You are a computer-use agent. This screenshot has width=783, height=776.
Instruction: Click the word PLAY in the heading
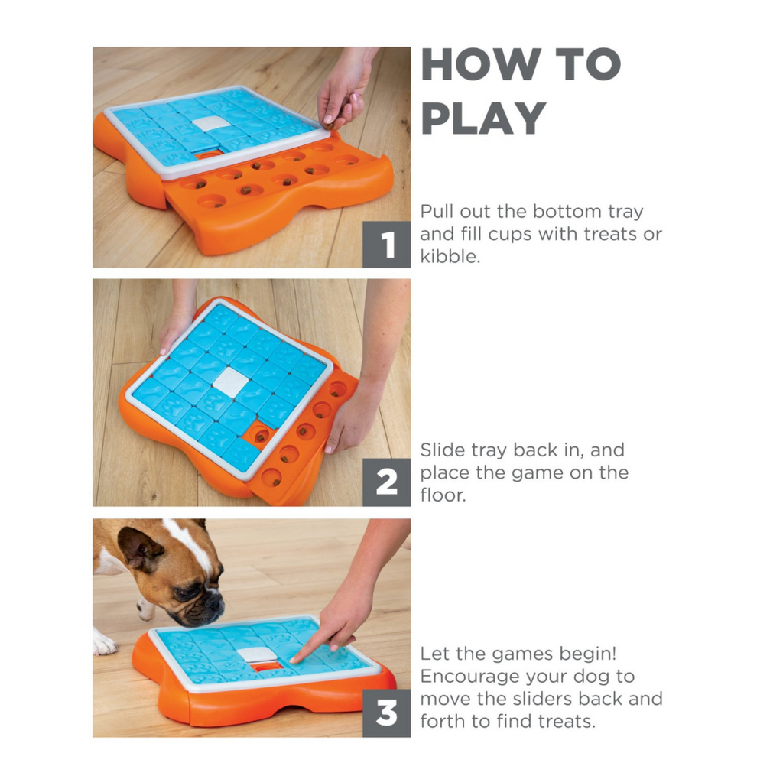(483, 118)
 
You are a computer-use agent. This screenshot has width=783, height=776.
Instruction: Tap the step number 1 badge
(386, 245)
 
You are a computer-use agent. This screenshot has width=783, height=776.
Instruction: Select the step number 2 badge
(386, 482)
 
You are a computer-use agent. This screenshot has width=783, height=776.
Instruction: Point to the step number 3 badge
(386, 713)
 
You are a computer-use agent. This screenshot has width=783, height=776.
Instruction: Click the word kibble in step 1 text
(450, 256)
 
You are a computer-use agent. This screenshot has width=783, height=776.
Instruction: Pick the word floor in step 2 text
(443, 495)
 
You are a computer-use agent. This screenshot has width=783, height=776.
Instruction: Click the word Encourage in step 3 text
(470, 677)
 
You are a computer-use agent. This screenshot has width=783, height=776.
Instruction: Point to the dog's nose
(214, 602)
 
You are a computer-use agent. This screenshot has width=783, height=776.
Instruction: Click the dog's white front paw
(104, 643)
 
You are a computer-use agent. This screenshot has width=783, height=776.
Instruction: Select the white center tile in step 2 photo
(230, 382)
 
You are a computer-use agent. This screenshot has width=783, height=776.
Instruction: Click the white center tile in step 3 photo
(257, 654)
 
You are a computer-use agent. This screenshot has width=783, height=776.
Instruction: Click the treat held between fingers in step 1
(329, 120)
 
